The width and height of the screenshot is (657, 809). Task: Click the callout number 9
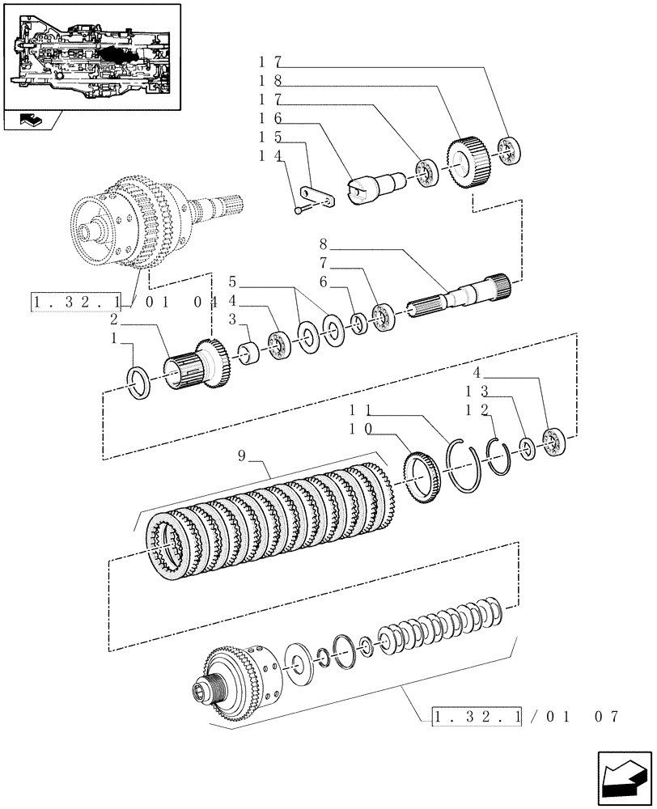[x=242, y=458]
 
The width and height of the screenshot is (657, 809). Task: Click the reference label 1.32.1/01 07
[x=526, y=717]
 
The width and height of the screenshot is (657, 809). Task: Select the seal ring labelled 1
[x=139, y=381]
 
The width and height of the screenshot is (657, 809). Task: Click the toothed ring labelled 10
[x=424, y=477]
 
